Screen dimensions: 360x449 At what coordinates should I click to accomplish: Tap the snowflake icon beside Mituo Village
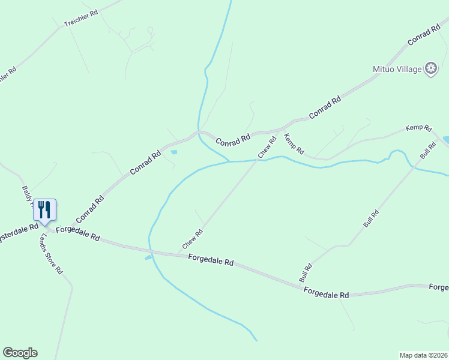[x=430, y=69]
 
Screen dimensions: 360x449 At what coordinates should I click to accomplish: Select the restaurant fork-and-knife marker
[x=44, y=210]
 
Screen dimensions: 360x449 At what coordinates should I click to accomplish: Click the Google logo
[x=20, y=353]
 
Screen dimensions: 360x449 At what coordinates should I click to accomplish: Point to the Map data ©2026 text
[x=423, y=355]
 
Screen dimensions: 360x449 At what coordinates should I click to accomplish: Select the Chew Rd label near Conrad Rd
[x=267, y=148]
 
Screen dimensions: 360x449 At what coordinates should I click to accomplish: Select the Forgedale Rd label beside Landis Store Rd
[x=77, y=233]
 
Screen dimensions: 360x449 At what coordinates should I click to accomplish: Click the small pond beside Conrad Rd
[x=174, y=152]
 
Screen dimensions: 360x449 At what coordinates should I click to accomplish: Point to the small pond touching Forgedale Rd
[x=148, y=258]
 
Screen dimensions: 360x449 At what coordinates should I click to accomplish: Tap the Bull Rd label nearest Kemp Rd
[x=428, y=151]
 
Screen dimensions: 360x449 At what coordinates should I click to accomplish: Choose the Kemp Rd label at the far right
[x=418, y=128]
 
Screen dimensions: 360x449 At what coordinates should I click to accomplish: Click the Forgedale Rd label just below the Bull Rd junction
[x=327, y=293]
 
